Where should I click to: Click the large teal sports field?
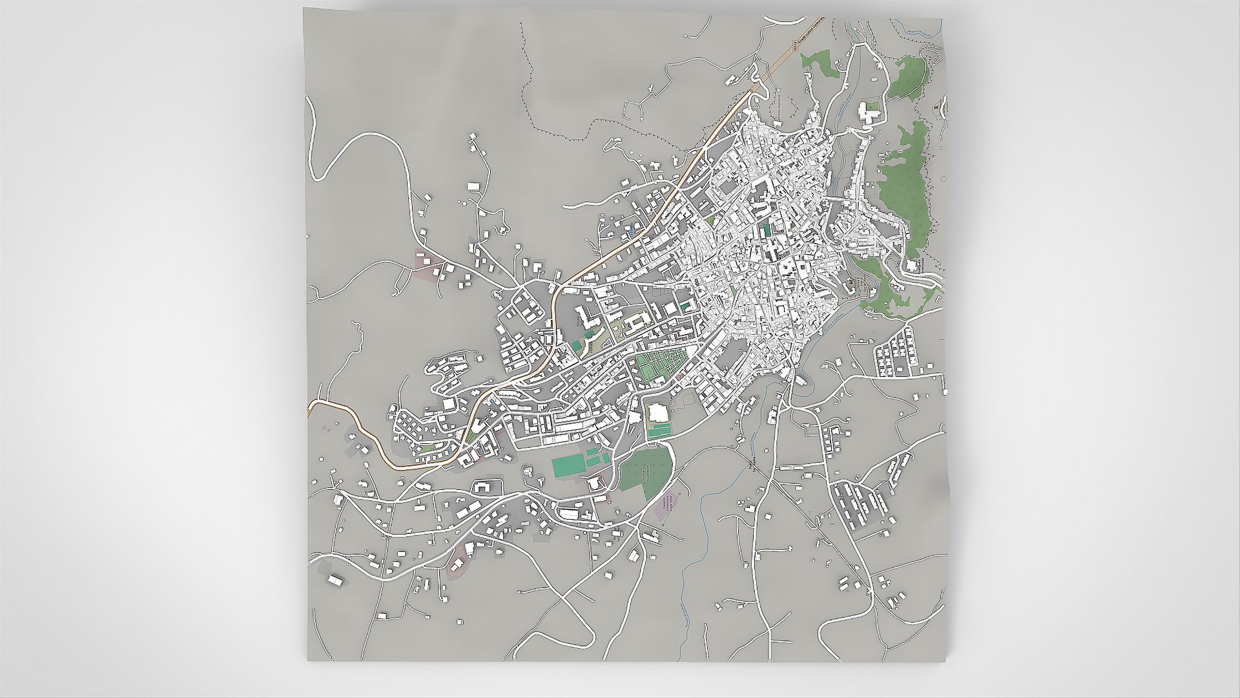(x=568, y=466)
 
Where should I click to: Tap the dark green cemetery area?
(x=646, y=472)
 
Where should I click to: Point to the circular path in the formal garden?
(x=676, y=356)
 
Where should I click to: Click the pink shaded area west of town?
(x=428, y=265)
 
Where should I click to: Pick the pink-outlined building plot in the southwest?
(x=457, y=566)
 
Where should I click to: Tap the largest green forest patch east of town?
(x=904, y=194)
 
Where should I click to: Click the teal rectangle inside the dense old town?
(x=766, y=229)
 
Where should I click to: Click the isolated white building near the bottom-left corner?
(x=336, y=580)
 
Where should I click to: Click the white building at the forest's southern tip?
(x=912, y=265)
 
